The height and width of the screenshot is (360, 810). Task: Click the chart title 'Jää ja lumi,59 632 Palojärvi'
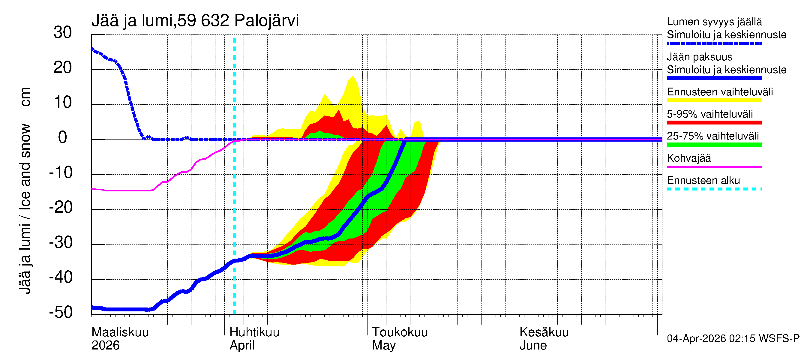[x=195, y=21]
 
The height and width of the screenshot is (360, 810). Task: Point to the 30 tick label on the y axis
[x=63, y=33]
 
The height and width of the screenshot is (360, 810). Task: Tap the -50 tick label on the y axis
[x=61, y=312]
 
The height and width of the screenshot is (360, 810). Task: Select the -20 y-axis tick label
[x=61, y=208]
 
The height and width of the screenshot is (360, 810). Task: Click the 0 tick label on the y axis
[x=63, y=137]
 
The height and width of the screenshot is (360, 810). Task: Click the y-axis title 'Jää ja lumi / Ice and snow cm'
[x=25, y=190]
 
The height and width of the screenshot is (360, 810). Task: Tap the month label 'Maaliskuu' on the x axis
[x=120, y=332]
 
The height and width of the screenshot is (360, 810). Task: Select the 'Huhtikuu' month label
[x=254, y=332]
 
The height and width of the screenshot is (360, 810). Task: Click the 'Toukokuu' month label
[x=400, y=332]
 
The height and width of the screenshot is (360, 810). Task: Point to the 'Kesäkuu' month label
[x=544, y=332]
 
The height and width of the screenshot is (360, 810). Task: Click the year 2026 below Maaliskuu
[x=105, y=346]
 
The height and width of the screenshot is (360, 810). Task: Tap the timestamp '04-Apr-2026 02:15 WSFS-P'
[x=733, y=339]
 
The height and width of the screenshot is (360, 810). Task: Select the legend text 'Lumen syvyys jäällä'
[x=714, y=22]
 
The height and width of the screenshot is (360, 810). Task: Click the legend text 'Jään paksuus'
[x=700, y=57]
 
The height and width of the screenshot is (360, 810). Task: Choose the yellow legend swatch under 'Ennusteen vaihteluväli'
[x=714, y=100]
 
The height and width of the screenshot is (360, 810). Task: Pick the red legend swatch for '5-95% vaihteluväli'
[x=714, y=123]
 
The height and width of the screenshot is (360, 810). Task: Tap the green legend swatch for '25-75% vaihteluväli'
[x=714, y=145]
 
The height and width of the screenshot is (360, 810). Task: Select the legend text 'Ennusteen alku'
[x=703, y=181]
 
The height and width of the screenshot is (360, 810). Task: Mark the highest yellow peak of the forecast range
[x=353, y=76]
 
